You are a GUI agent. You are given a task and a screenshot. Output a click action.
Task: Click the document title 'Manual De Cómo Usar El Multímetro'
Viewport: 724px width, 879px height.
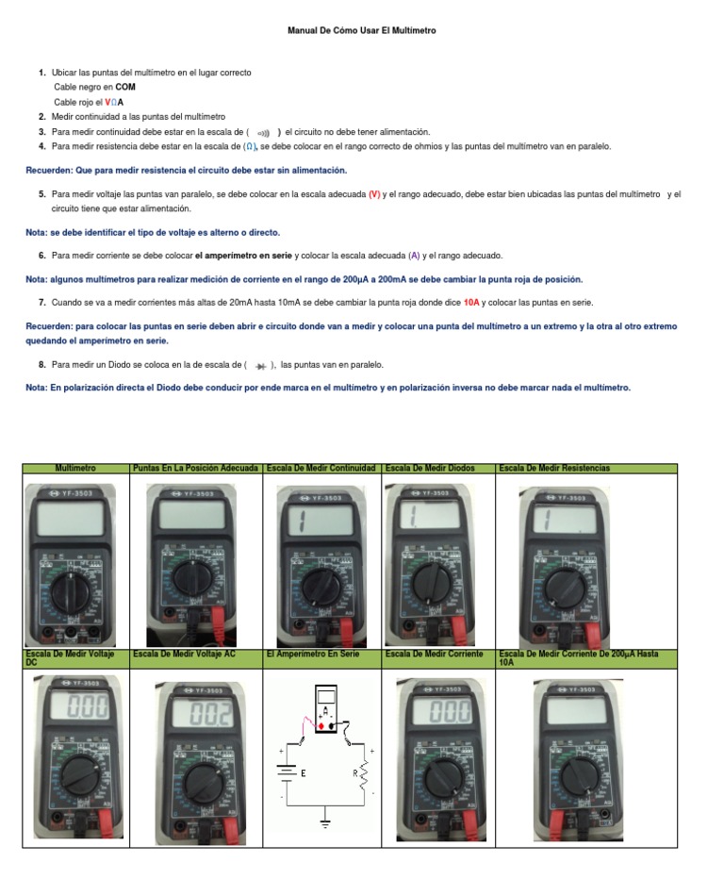(x=362, y=31)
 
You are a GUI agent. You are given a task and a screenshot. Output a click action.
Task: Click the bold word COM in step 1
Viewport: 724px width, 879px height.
(x=125, y=87)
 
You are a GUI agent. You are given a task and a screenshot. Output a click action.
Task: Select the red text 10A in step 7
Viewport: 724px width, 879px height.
(x=472, y=302)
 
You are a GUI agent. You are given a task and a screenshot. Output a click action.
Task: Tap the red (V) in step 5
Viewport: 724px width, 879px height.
(x=374, y=194)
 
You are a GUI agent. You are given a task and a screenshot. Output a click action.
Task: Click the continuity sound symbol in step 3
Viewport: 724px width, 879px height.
(x=263, y=133)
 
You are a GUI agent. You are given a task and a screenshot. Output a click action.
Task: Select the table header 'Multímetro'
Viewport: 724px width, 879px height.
(x=75, y=469)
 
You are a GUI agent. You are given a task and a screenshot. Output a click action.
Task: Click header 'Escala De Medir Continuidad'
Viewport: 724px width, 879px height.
(x=321, y=469)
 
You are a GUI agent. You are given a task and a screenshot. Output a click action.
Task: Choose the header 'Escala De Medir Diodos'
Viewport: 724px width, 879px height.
(x=430, y=469)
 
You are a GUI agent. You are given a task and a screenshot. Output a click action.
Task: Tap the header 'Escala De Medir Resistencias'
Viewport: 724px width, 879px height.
(x=554, y=469)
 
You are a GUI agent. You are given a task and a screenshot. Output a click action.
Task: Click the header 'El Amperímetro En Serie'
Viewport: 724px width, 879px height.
(x=314, y=654)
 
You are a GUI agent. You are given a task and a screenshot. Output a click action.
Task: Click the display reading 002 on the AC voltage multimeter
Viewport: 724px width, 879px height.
(x=210, y=716)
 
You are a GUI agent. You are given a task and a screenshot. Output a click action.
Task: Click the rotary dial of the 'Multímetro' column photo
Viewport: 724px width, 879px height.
(x=70, y=590)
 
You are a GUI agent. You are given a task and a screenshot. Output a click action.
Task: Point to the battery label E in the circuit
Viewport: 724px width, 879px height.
(x=304, y=772)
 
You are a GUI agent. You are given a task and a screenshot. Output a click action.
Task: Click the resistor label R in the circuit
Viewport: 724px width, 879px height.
(x=354, y=772)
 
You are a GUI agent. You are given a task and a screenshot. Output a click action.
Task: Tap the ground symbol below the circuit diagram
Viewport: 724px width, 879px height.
(x=326, y=823)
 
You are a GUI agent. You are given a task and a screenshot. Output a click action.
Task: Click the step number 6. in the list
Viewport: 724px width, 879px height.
(x=42, y=256)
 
